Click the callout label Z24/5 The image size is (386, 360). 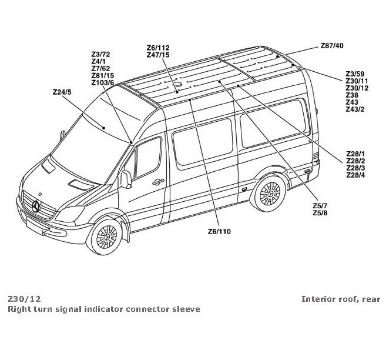tap(62, 92)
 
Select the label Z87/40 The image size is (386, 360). tap(332, 46)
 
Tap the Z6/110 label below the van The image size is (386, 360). tap(219, 231)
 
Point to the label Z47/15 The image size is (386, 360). tap(158, 55)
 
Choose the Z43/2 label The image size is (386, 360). tap(355, 109)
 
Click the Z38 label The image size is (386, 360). tap(351, 95)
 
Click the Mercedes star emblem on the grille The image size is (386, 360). tap(37, 206)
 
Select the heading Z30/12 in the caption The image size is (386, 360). tap(25, 299)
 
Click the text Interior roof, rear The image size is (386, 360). tap(341, 299)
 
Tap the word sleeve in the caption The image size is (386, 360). tap(187, 309)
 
